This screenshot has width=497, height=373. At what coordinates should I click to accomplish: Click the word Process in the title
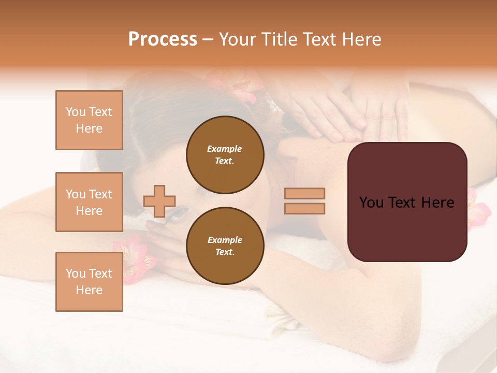(x=163, y=39)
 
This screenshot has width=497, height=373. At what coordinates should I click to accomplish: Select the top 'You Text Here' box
(x=89, y=120)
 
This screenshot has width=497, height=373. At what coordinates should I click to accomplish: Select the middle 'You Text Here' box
(x=89, y=202)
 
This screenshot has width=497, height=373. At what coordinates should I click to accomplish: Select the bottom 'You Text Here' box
(x=89, y=282)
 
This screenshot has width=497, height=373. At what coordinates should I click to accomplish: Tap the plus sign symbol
(x=159, y=201)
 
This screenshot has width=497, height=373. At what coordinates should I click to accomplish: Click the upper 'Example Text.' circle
(x=225, y=155)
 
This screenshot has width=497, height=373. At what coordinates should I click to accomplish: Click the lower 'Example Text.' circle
(x=225, y=246)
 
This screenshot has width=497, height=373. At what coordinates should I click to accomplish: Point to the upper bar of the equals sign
(x=304, y=193)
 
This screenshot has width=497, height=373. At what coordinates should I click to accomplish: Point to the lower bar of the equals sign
(x=304, y=208)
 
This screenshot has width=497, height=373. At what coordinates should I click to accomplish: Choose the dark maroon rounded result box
(x=407, y=202)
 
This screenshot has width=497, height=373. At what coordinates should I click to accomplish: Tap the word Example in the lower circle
(x=225, y=240)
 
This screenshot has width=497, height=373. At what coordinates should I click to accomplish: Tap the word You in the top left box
(x=76, y=112)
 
